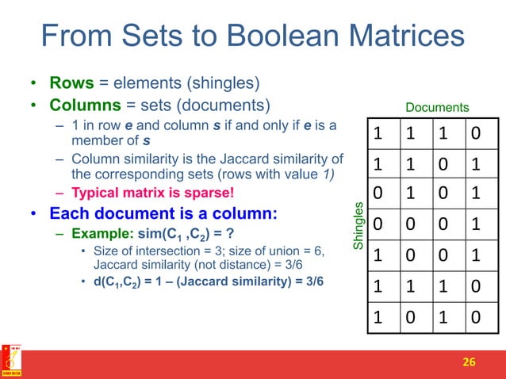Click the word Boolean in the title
[x=261, y=36]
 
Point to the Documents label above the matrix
[x=437, y=107]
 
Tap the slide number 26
[x=470, y=362]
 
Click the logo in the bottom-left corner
[x=11, y=361]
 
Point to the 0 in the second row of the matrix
[x=443, y=164]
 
